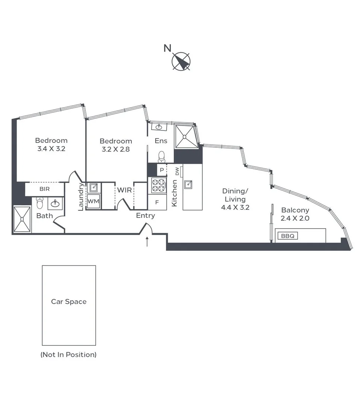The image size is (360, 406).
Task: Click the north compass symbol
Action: [181, 61]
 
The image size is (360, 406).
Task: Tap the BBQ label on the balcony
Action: [287, 236]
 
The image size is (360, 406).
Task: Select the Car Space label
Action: [69, 301]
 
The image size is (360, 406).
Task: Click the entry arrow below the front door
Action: [147, 242]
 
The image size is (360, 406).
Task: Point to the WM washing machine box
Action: [93, 201]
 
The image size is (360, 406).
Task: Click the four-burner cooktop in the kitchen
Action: [158, 185]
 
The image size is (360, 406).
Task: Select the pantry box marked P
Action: [162, 170]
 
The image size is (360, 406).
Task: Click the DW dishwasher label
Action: [177, 171]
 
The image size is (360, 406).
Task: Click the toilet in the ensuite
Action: [162, 156]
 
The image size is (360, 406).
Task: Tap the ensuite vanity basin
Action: [159, 127]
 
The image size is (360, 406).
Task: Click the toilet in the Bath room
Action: [40, 203]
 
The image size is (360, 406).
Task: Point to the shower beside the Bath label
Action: [22, 219]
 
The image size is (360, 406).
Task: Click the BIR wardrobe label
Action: [44, 189]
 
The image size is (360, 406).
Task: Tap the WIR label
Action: [125, 190]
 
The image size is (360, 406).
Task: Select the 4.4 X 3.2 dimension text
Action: [235, 207]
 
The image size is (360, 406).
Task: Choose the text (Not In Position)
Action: [68, 354]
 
